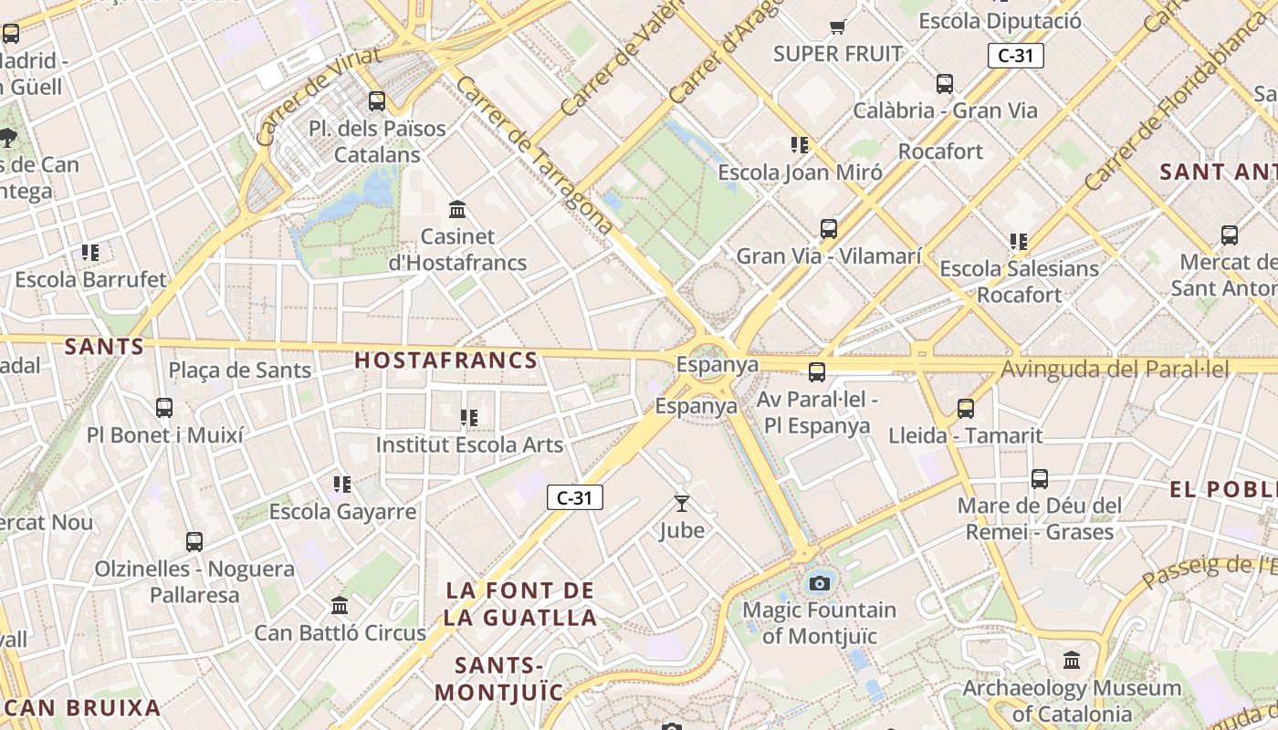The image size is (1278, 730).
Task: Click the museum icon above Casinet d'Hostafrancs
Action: (457, 210)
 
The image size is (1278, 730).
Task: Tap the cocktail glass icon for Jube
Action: (681, 503)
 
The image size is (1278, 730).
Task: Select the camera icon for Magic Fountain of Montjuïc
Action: (820, 583)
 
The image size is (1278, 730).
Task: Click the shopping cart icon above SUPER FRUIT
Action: (837, 26)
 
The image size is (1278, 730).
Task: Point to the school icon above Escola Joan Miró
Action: (800, 144)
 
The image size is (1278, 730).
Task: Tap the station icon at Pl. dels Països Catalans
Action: (376, 100)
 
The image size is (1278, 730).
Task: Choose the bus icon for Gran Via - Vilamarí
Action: (828, 228)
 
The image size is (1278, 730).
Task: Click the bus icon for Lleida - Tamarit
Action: (965, 408)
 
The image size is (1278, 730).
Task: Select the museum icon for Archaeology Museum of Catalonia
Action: (1072, 660)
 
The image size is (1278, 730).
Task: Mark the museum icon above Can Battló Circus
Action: (340, 605)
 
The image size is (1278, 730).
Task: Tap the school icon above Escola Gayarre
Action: (342, 484)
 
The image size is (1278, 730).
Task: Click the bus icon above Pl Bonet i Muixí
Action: (164, 407)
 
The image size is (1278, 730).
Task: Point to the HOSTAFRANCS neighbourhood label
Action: (445, 360)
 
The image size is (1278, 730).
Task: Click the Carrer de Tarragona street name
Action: (533, 155)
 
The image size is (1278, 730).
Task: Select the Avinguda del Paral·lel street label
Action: (1115, 370)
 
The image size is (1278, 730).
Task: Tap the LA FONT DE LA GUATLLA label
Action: (520, 604)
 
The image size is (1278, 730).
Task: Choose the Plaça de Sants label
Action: (240, 370)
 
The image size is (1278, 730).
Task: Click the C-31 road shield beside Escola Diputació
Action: (1015, 56)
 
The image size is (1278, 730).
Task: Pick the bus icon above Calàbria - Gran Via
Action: (945, 84)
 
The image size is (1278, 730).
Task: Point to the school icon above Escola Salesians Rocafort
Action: (1019, 242)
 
